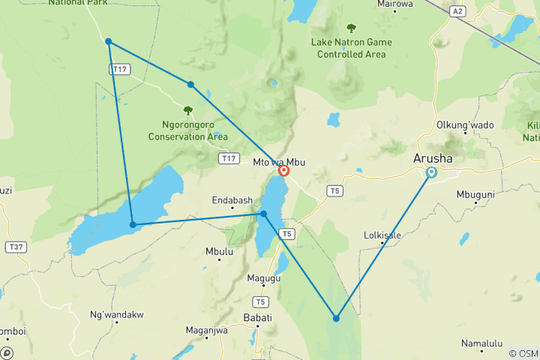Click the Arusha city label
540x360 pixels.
(433, 158)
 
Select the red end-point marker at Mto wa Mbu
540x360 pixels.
(284, 171)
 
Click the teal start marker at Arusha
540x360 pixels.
(431, 172)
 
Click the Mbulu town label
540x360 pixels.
(218, 252)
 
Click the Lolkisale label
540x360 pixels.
(382, 235)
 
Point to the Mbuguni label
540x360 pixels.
(475, 194)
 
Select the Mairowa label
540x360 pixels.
(395, 4)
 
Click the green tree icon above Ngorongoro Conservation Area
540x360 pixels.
(187, 110)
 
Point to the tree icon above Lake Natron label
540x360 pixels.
(351, 28)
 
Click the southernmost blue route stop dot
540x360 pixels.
(336, 319)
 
